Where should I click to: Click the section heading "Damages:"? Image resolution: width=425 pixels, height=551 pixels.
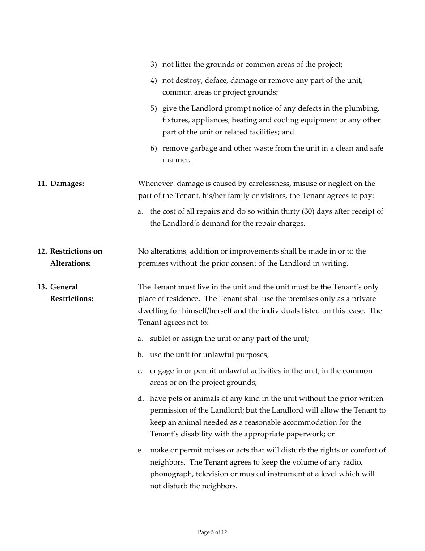(x=67, y=184)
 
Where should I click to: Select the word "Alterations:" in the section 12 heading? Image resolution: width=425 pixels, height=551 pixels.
(x=70, y=263)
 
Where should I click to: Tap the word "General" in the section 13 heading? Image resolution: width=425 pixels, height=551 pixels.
(x=64, y=287)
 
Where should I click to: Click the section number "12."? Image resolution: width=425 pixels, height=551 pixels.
(x=42, y=251)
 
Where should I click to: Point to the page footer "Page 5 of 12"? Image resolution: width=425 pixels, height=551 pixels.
(x=212, y=532)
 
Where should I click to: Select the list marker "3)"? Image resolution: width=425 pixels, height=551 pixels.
(x=153, y=65)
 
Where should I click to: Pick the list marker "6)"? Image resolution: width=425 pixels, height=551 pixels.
(x=153, y=148)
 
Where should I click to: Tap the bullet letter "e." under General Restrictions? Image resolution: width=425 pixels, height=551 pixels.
(x=140, y=450)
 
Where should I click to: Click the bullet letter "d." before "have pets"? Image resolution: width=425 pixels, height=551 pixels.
(x=140, y=399)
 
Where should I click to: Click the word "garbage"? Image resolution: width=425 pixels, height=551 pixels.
(x=202, y=148)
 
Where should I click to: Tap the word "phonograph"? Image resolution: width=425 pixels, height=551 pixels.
(x=170, y=474)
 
